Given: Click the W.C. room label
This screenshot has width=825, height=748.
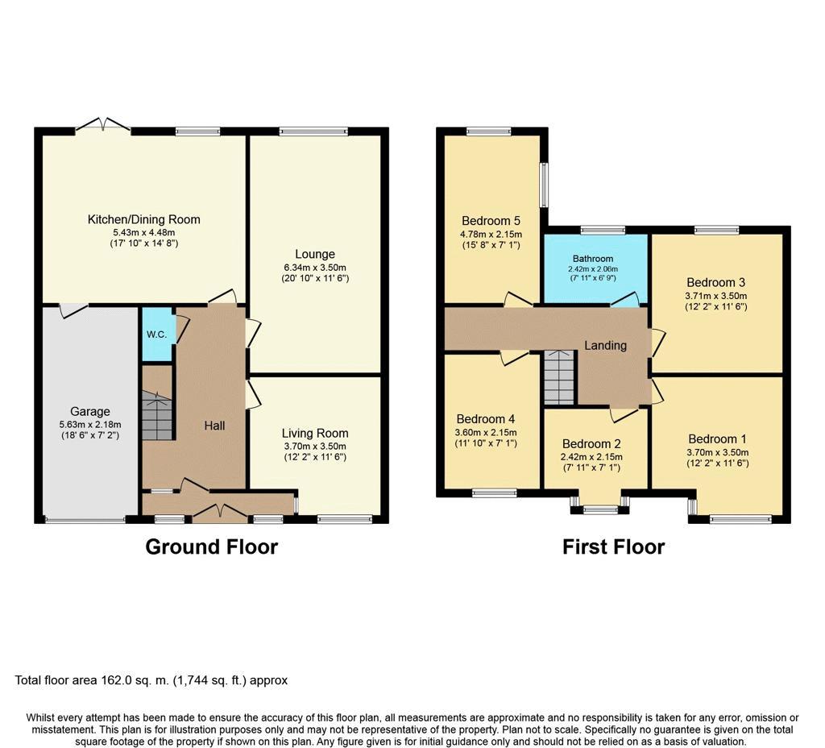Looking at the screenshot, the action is [157, 335].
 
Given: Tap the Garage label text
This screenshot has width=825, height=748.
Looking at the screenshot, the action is [90, 412].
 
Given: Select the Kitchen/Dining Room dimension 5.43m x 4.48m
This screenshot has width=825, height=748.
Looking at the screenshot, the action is [144, 232].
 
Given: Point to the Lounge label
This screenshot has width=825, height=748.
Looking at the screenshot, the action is [315, 254].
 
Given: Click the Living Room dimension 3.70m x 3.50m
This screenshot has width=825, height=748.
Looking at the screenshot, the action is [315, 446].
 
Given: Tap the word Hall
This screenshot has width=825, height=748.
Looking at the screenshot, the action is [214, 426].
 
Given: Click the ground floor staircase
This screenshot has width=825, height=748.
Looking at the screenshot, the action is [157, 415].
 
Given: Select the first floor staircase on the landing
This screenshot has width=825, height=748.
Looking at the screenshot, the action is [559, 377].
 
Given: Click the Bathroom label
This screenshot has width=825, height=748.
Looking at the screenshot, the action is [593, 259].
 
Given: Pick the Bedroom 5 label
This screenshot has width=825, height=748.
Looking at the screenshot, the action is [491, 221].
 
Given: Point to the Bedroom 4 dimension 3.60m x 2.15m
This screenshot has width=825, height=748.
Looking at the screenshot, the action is [486, 432].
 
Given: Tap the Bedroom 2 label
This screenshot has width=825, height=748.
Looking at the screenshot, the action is [591, 444].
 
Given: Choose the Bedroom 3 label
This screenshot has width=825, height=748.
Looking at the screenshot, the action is [715, 282].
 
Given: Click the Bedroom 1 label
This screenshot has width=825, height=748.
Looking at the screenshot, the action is [717, 439].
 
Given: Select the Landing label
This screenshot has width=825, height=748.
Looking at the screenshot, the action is [606, 345].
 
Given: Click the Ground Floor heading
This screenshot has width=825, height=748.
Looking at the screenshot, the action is [212, 547].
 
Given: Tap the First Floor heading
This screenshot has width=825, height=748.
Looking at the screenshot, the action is [613, 547].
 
